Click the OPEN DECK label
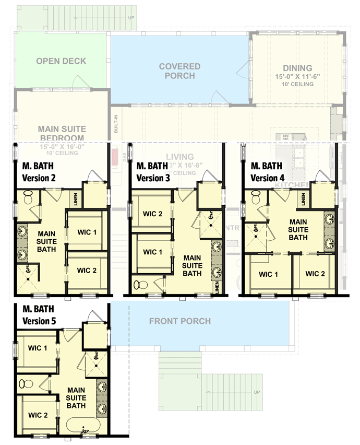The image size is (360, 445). (x=61, y=61)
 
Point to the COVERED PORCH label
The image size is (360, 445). (x=179, y=71)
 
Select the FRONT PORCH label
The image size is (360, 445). (x=180, y=321)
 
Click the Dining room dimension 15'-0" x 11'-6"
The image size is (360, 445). (x=297, y=76)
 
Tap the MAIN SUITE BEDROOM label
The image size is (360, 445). (x=62, y=133)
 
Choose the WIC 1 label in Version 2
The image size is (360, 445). (x=87, y=232)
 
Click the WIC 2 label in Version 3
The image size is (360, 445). (x=153, y=213)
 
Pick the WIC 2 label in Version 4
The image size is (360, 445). (x=315, y=273)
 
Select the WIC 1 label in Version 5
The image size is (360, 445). (x=38, y=348)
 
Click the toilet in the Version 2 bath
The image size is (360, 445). (x=28, y=197)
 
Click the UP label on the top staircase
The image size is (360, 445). (x=130, y=18)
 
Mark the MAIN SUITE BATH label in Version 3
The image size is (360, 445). (x=192, y=265)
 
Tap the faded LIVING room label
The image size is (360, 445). (x=179, y=157)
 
